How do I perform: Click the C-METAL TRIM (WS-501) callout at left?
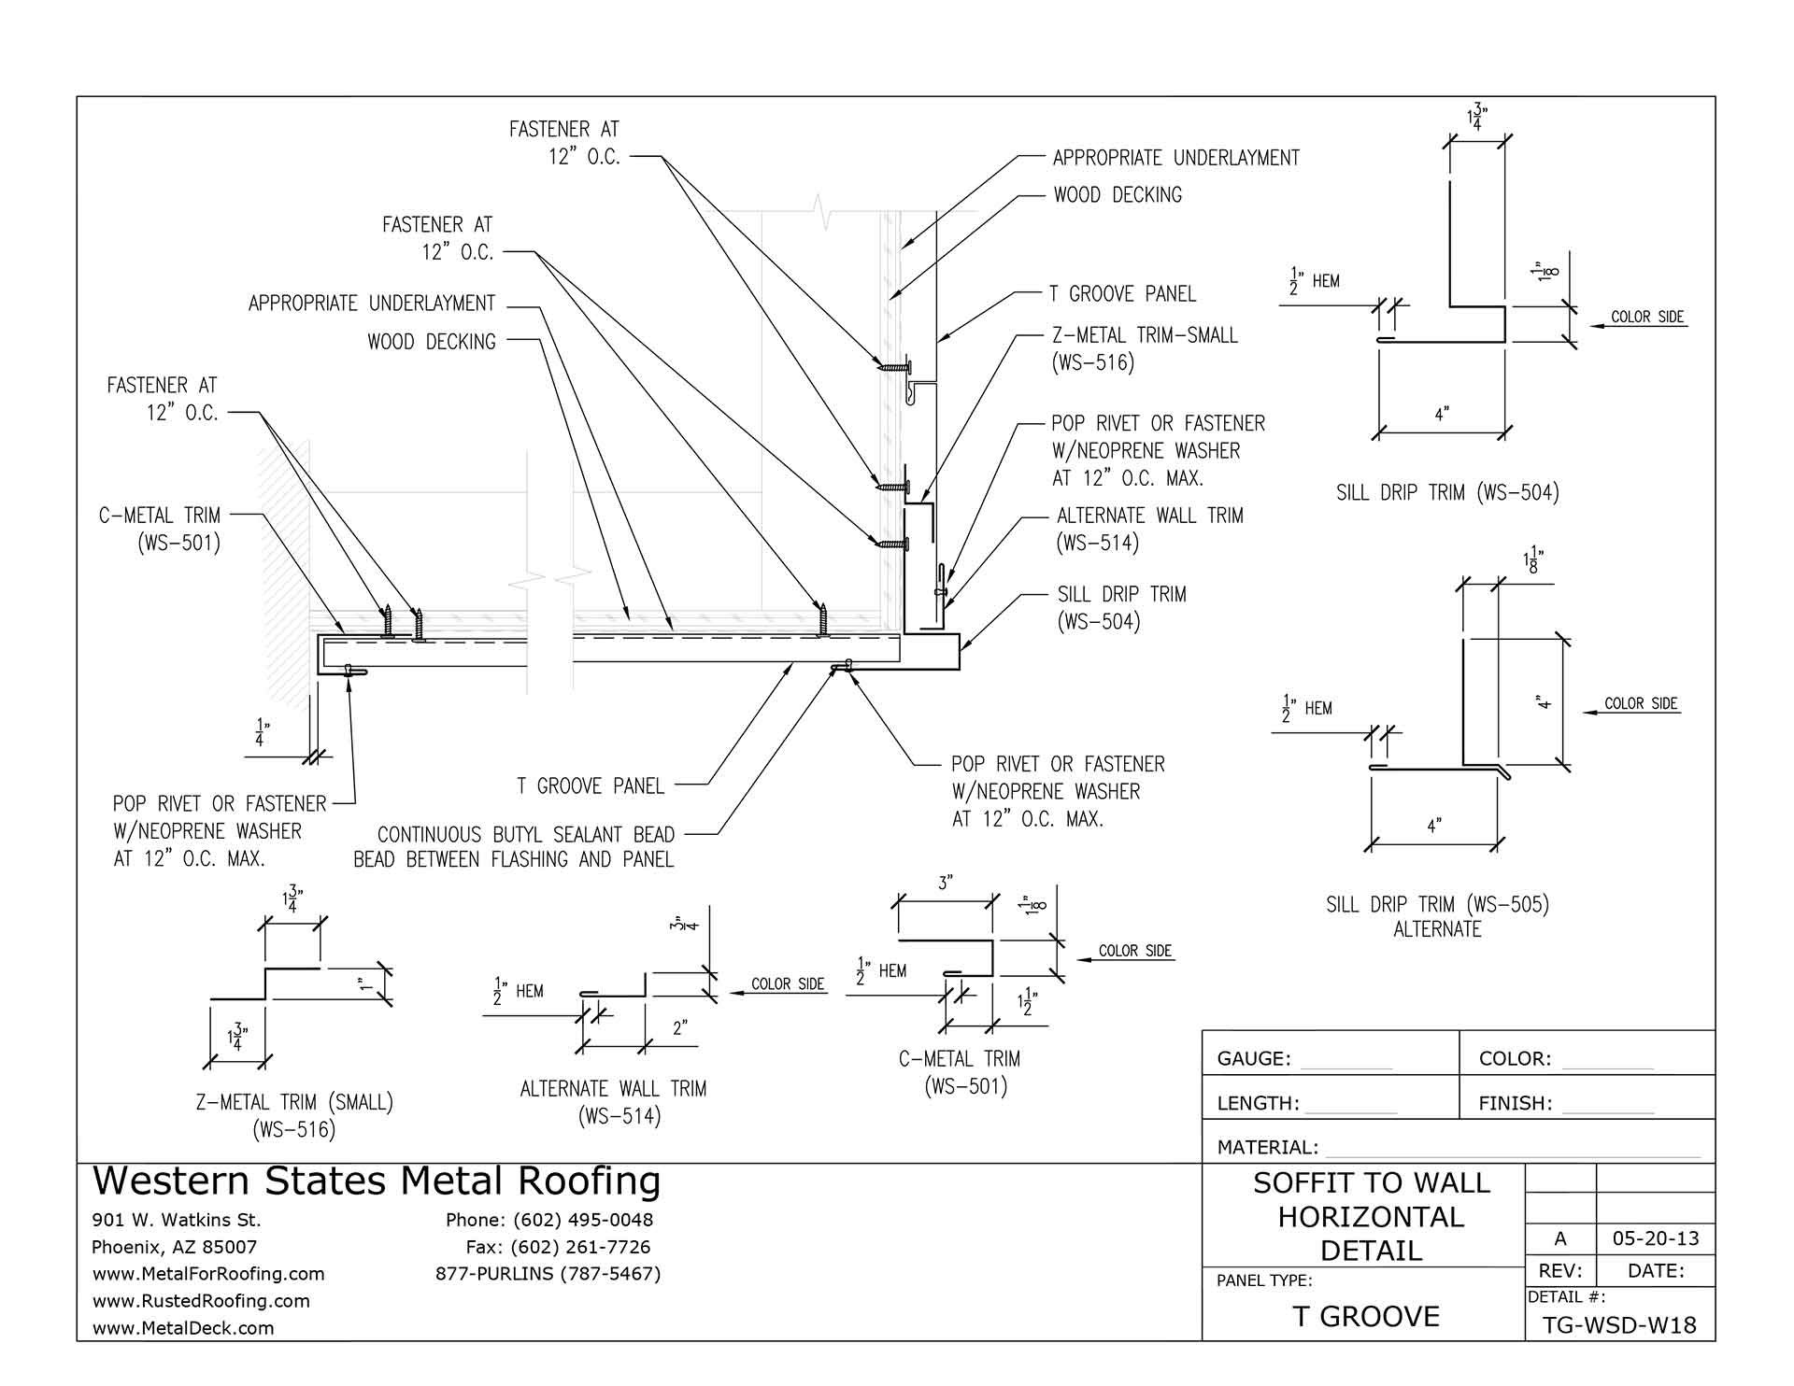[160, 529]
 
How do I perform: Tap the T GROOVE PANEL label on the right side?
[1121, 294]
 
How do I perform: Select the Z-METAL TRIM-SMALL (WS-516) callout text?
[1144, 348]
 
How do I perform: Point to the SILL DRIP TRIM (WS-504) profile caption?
[1447, 492]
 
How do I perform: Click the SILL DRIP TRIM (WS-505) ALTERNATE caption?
[1437, 915]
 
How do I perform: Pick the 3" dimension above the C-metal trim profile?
[946, 883]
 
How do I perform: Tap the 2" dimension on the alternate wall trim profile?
[679, 1028]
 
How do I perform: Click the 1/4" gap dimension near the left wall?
[261, 732]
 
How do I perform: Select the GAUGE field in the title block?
[1254, 1058]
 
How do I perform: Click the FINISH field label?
[1515, 1103]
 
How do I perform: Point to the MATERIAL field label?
[1267, 1147]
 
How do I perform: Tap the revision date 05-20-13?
[1656, 1239]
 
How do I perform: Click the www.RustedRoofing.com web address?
[201, 1300]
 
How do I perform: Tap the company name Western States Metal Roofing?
[377, 1181]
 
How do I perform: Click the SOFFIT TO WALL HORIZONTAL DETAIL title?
[1371, 1216]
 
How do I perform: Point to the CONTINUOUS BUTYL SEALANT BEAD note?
[514, 846]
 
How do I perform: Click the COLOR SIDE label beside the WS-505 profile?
[1641, 703]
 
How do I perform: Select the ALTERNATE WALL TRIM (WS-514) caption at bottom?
[613, 1101]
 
